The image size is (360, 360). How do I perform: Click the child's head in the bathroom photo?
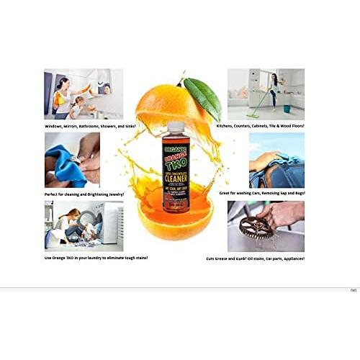(x=78, y=103)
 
